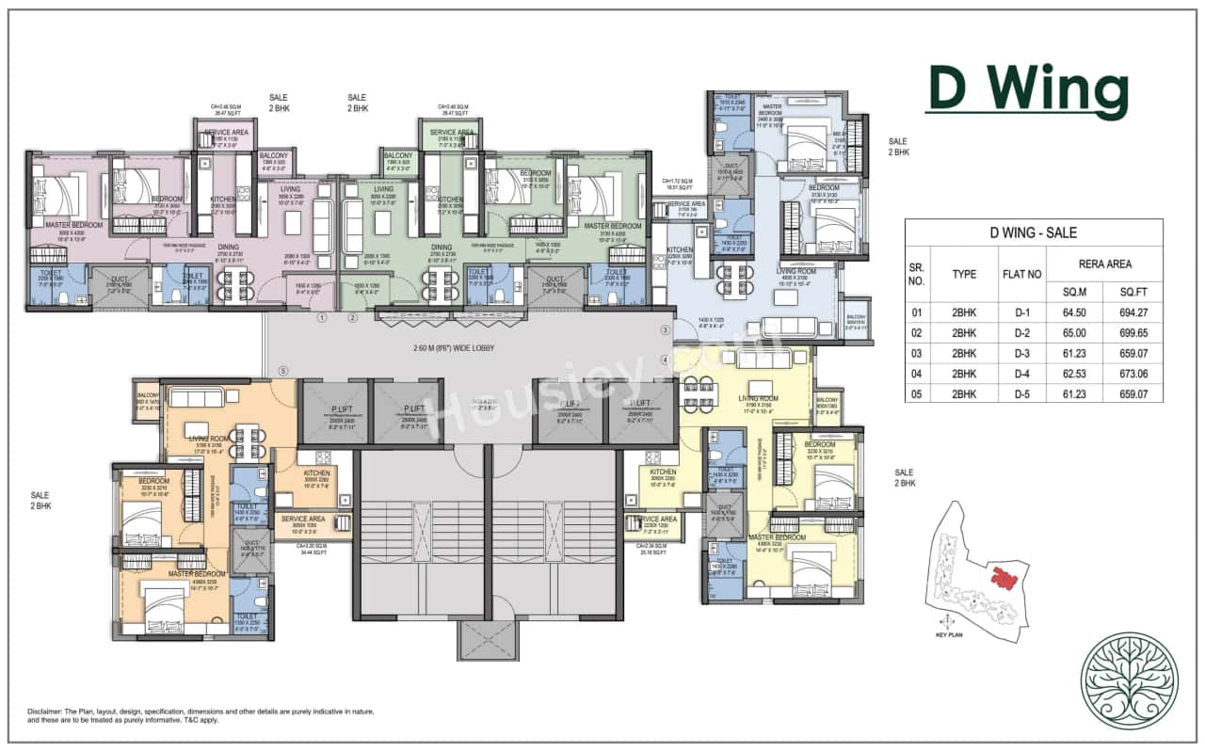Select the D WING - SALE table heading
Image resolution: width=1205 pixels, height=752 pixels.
click(x=1033, y=233)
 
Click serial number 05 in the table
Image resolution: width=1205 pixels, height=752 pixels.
click(x=917, y=394)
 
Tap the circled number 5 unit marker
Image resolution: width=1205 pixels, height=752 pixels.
click(x=282, y=370)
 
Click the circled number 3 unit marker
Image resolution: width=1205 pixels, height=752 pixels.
click(x=665, y=330)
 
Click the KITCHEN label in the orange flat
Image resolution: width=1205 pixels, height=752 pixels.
click(x=315, y=472)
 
